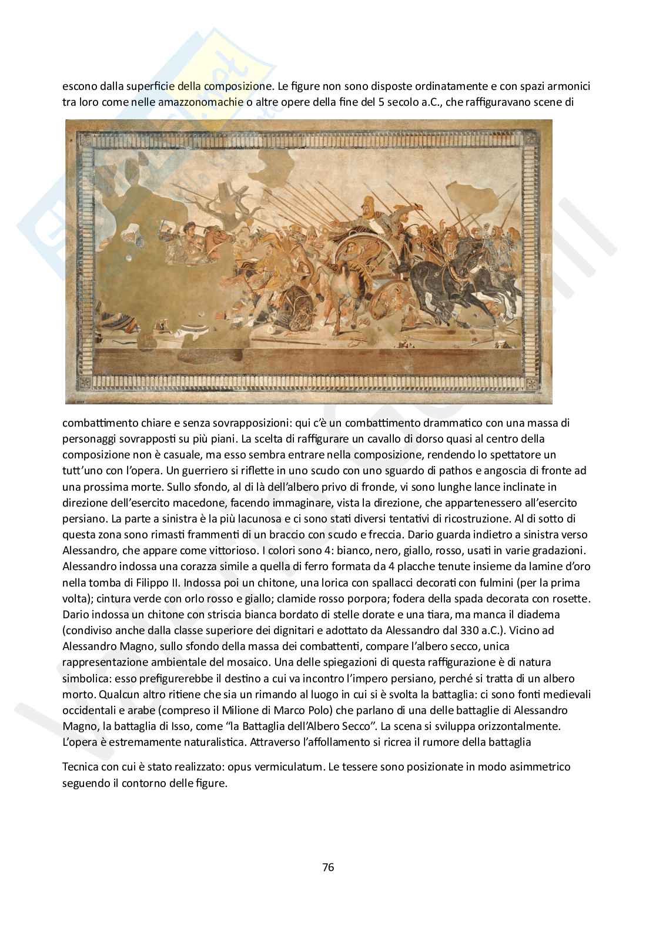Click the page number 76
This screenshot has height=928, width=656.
coord(328,867)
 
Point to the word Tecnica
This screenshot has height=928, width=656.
coord(79,767)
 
